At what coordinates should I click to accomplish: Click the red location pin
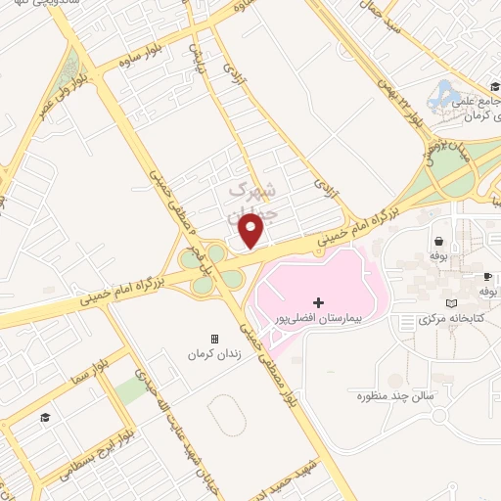coord(252,231)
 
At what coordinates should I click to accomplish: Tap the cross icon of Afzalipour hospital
coord(317,302)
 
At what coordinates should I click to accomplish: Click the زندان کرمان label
coord(215,354)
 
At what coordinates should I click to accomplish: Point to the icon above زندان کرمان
coord(215,339)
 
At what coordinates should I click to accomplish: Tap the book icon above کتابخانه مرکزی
coord(451,303)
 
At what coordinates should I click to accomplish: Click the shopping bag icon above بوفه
coord(437,240)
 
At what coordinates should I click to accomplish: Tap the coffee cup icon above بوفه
coord(486,276)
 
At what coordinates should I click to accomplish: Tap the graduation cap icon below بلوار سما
coord(44,419)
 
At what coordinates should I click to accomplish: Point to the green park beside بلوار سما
coord(128,390)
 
